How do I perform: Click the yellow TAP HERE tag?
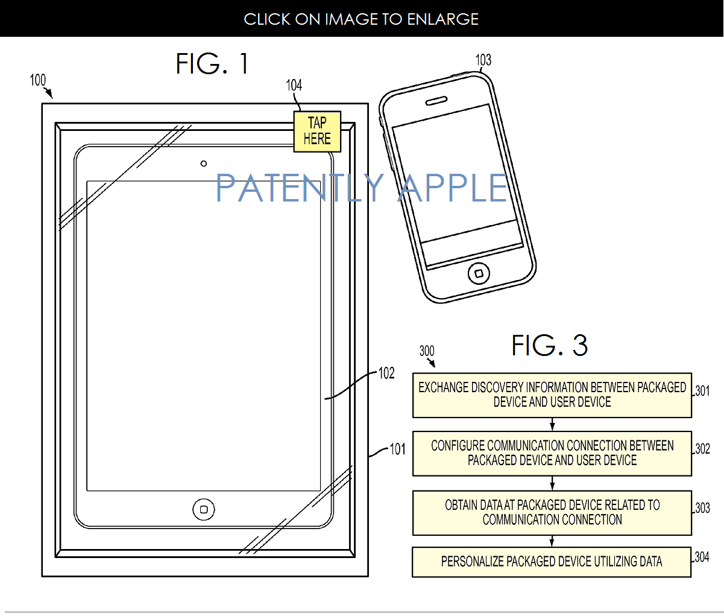[317, 132]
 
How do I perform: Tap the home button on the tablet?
[204, 510]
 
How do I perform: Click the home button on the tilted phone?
[479, 274]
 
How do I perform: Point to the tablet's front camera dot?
[204, 164]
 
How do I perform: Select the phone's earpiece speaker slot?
[436, 101]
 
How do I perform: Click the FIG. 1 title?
[212, 64]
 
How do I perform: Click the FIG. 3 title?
[549, 346]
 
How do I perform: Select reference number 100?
[37, 80]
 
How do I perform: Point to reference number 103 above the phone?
[483, 60]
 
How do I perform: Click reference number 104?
[294, 85]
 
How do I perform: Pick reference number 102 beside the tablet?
[386, 373]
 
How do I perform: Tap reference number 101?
[398, 449]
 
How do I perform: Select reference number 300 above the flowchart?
[427, 351]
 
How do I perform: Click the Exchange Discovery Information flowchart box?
[552, 395]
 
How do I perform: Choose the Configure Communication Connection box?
[552, 453]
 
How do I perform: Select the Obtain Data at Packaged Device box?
[552, 512]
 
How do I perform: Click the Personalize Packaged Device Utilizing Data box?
[552, 562]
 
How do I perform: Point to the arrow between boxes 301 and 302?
[552, 424]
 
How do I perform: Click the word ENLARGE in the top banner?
[443, 19]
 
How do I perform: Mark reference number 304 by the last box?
[702, 557]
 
